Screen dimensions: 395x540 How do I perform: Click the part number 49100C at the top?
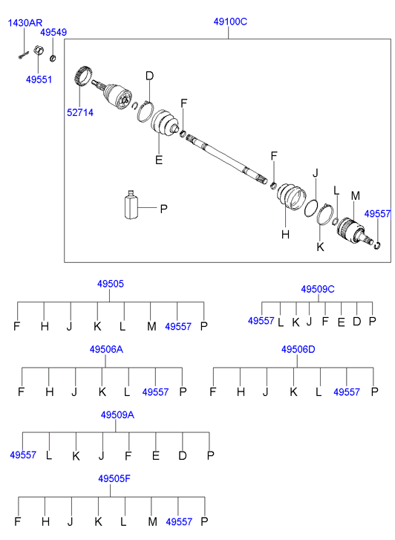point(230,22)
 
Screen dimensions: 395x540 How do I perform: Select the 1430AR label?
point(25,23)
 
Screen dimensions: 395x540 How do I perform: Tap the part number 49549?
point(53,33)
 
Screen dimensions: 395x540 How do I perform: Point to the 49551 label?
point(39,79)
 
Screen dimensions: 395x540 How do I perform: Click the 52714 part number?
point(80,113)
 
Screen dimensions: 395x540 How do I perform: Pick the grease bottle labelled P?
point(131,205)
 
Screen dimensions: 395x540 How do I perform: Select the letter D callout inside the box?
point(149,76)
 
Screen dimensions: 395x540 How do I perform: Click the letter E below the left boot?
point(159,160)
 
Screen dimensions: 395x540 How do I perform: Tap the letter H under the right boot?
point(285,235)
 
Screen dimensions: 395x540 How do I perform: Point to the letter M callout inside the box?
point(356,196)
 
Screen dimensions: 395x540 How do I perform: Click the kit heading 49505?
point(110,284)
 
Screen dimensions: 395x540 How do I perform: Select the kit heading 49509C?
point(318,289)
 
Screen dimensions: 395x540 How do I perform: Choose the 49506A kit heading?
point(106,350)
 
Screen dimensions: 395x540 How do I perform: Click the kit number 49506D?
point(298,350)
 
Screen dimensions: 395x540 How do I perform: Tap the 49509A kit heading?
point(117,415)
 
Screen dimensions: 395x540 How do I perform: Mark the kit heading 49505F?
point(114,478)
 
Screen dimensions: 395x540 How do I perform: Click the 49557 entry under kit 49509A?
point(23,455)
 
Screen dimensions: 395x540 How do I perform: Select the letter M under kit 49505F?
point(152,521)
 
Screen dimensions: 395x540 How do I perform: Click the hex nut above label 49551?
point(39,50)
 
